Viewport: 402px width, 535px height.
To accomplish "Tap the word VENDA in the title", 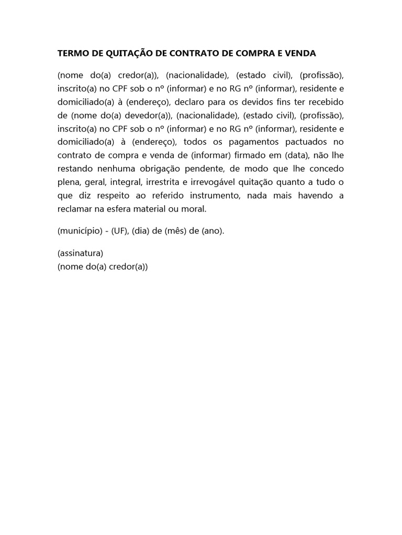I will (299, 53).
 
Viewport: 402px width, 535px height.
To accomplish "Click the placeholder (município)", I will (79, 231).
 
